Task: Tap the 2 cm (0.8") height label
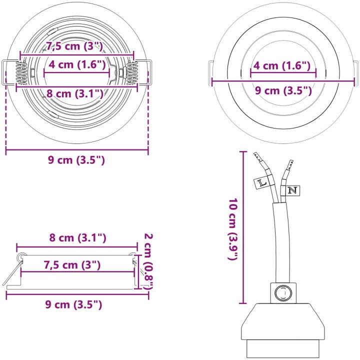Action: pos(148,261)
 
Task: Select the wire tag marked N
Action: pos(292,190)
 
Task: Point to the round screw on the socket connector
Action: pos(283,293)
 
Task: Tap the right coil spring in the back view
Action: pos(131,73)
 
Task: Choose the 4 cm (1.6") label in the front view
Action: pos(282,65)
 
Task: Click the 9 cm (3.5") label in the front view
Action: pos(283,90)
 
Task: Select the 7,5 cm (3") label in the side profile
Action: pos(72,265)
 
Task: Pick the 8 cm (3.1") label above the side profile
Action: pos(78,237)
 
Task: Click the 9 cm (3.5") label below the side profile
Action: pos(73,304)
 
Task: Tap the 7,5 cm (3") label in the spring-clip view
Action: pos(74,46)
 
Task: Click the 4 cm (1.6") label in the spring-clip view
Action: pos(77,64)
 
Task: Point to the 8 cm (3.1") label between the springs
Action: pos(75,93)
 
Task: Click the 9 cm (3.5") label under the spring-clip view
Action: pos(76,160)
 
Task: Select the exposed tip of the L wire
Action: pos(257,157)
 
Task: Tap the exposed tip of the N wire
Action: pos(289,164)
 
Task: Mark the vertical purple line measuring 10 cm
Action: pos(243,227)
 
